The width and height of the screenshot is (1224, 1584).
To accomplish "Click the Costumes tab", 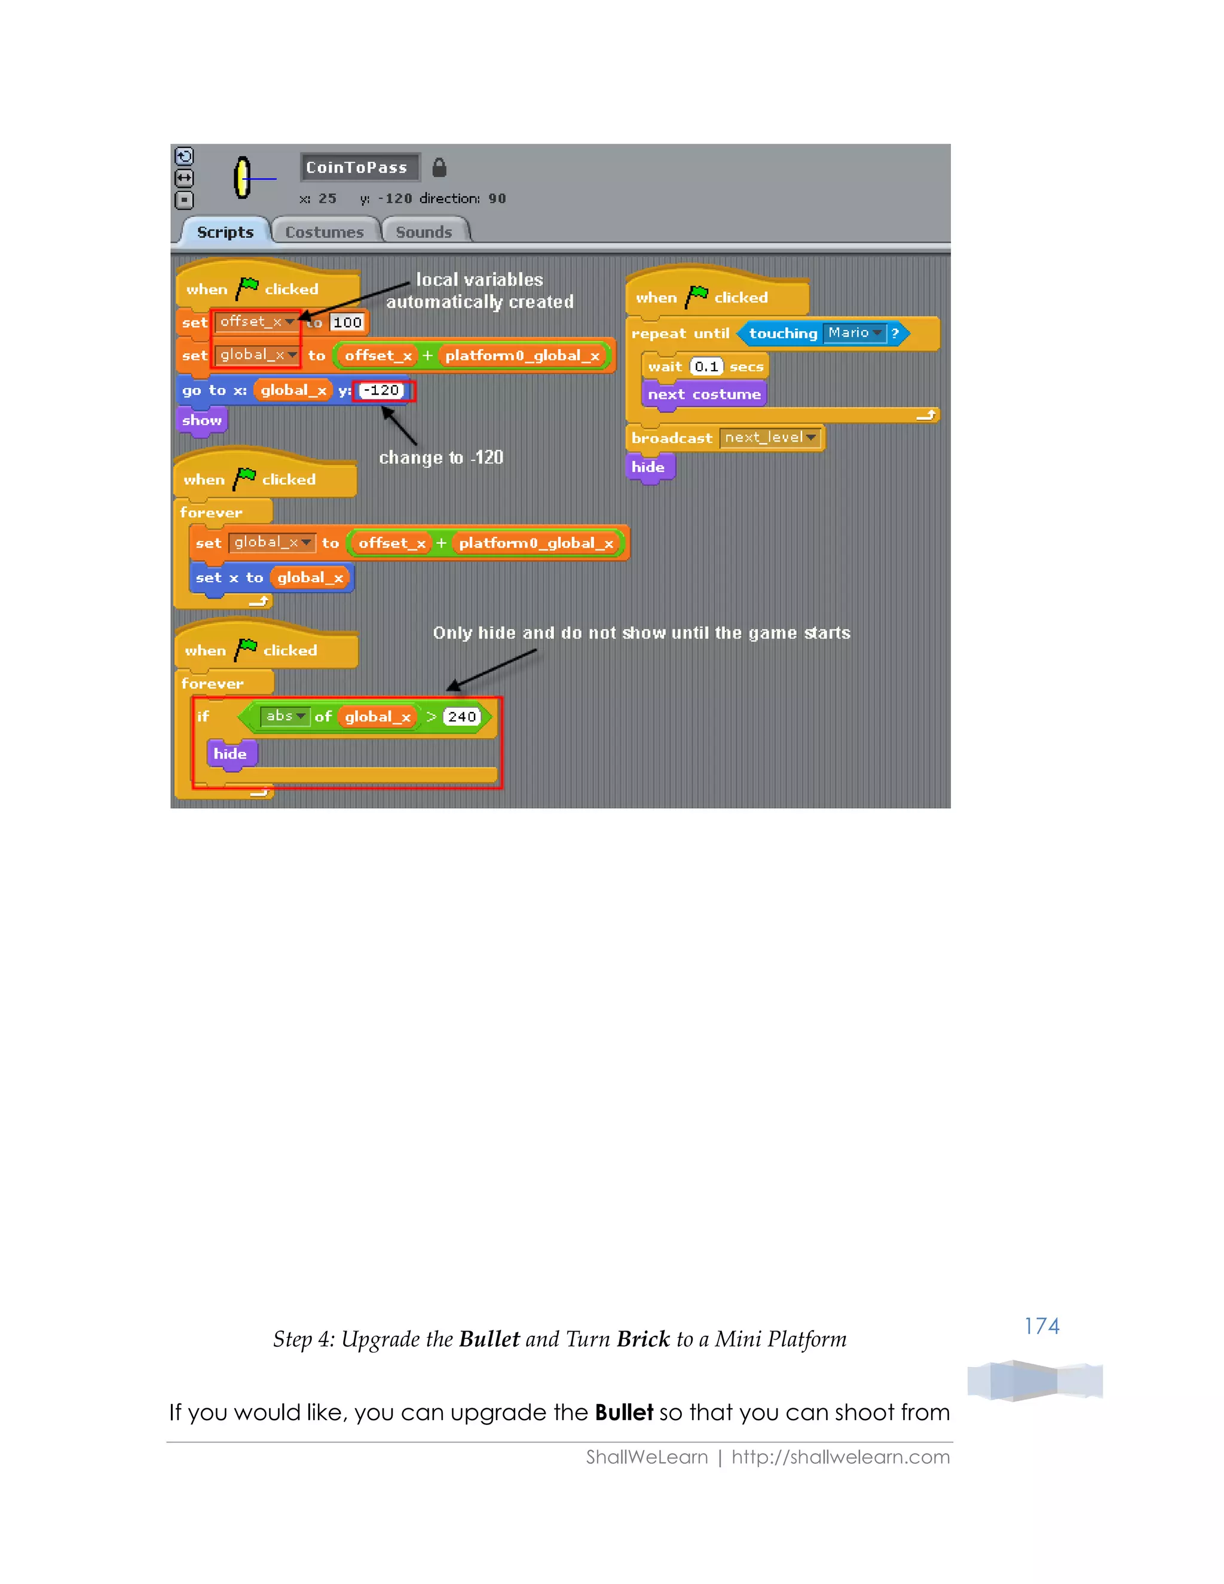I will click(x=324, y=232).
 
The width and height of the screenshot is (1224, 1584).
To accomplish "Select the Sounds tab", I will click(x=424, y=232).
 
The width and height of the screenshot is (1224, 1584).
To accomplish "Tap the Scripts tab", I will click(x=225, y=232).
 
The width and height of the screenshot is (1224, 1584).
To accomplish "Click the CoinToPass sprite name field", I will click(x=359, y=167).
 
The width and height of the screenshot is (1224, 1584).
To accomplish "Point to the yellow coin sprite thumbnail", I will click(x=242, y=178).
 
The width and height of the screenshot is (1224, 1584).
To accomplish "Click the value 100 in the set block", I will click(x=347, y=323).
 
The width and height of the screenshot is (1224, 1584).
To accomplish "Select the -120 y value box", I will click(x=381, y=390).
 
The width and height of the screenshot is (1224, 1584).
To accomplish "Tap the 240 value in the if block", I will click(x=462, y=717).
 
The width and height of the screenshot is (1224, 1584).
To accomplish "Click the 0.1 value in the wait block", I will click(x=706, y=367).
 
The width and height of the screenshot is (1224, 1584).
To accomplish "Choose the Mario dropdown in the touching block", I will click(x=854, y=333).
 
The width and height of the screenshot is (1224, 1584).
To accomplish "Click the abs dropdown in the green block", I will click(x=285, y=717).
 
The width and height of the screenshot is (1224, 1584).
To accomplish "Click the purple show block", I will click(x=201, y=421).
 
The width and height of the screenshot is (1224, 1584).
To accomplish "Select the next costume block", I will click(x=703, y=395).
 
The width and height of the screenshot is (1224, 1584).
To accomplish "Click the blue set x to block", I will click(x=228, y=578).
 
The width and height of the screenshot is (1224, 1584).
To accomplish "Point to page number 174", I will click(x=1041, y=1326).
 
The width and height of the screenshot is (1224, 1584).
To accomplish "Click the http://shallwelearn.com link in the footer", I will click(x=840, y=1457).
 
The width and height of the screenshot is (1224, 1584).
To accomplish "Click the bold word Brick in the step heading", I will click(x=643, y=1339).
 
